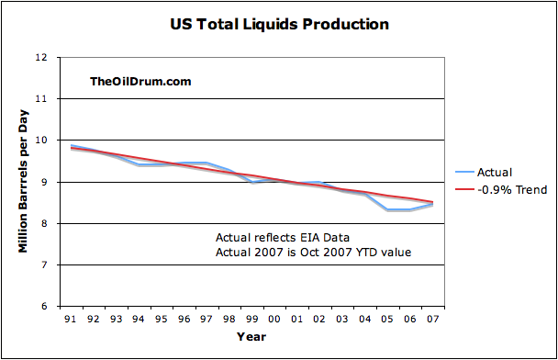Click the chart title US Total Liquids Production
279,24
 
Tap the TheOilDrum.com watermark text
140,81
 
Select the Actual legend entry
484,173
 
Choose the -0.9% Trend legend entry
501,189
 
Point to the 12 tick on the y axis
41,57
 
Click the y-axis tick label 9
44,182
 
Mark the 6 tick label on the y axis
44,306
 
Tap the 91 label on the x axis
71,319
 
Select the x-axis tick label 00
274,319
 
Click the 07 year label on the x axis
432,319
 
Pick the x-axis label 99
251,319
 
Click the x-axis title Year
251,336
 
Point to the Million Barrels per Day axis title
23,182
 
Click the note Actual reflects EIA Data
283,238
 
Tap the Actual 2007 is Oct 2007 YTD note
313,253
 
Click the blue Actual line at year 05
387,209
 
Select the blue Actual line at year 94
139,164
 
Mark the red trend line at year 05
387,196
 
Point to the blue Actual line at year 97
206,163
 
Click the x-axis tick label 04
364,319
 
